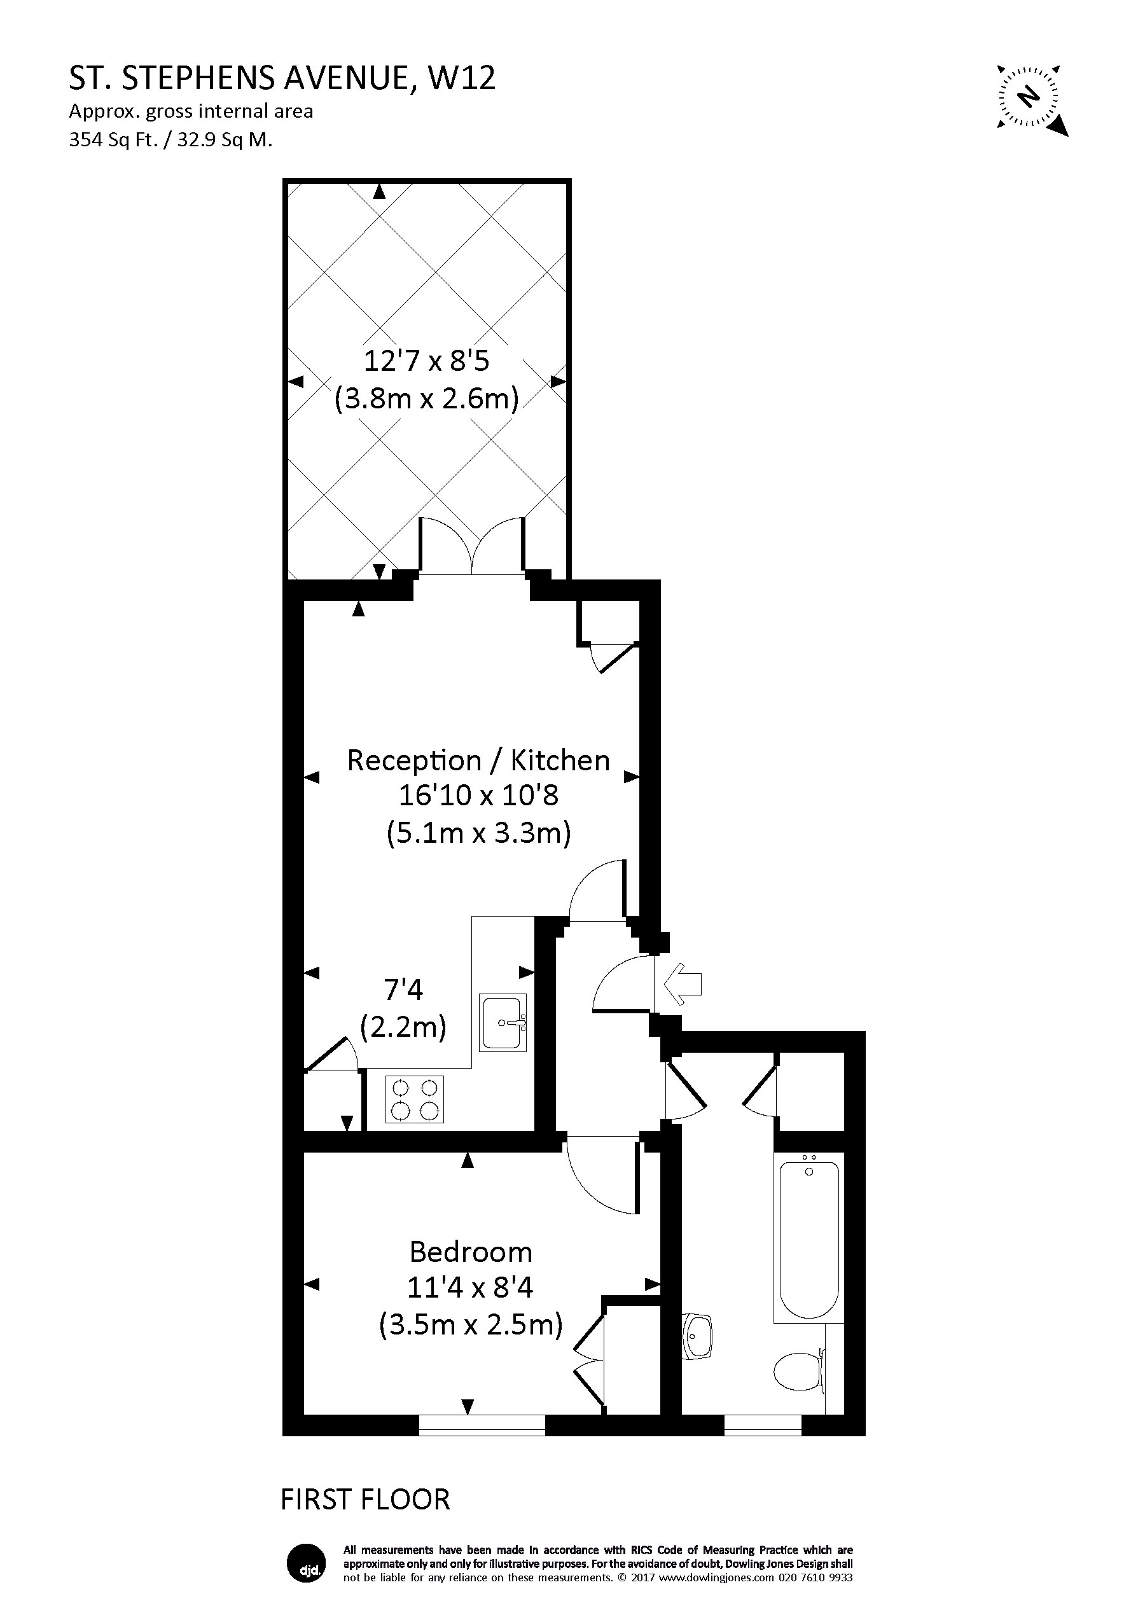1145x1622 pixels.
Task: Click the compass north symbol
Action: (1030, 96)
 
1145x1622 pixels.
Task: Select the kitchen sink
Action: (504, 1022)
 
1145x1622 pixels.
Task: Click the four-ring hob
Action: (415, 1099)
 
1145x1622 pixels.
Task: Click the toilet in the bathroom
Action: (800, 1372)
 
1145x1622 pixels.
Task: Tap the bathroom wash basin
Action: (698, 1336)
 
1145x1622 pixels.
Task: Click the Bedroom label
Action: (471, 1252)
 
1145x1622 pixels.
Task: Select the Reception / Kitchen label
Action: (478, 761)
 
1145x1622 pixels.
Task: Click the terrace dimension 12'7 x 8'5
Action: (426, 361)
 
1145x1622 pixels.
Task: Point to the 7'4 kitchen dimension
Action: (403, 990)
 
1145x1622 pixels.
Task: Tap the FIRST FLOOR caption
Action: (365, 1499)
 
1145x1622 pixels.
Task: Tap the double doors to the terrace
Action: (473, 548)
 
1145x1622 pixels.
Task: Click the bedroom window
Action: (482, 1425)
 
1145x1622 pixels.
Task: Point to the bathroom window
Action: (763, 1425)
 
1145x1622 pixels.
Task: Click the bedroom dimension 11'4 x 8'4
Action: (469, 1288)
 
